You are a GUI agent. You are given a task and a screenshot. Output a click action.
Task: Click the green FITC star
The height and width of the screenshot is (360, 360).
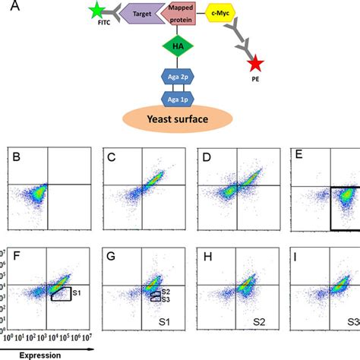click(96, 11)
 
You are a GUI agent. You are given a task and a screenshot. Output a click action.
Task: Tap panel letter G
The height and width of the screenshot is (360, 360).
click(111, 257)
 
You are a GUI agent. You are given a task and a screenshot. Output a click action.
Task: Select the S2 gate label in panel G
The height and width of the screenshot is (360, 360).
click(165, 292)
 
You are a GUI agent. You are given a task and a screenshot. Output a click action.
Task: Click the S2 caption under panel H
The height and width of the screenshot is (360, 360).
click(260, 322)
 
